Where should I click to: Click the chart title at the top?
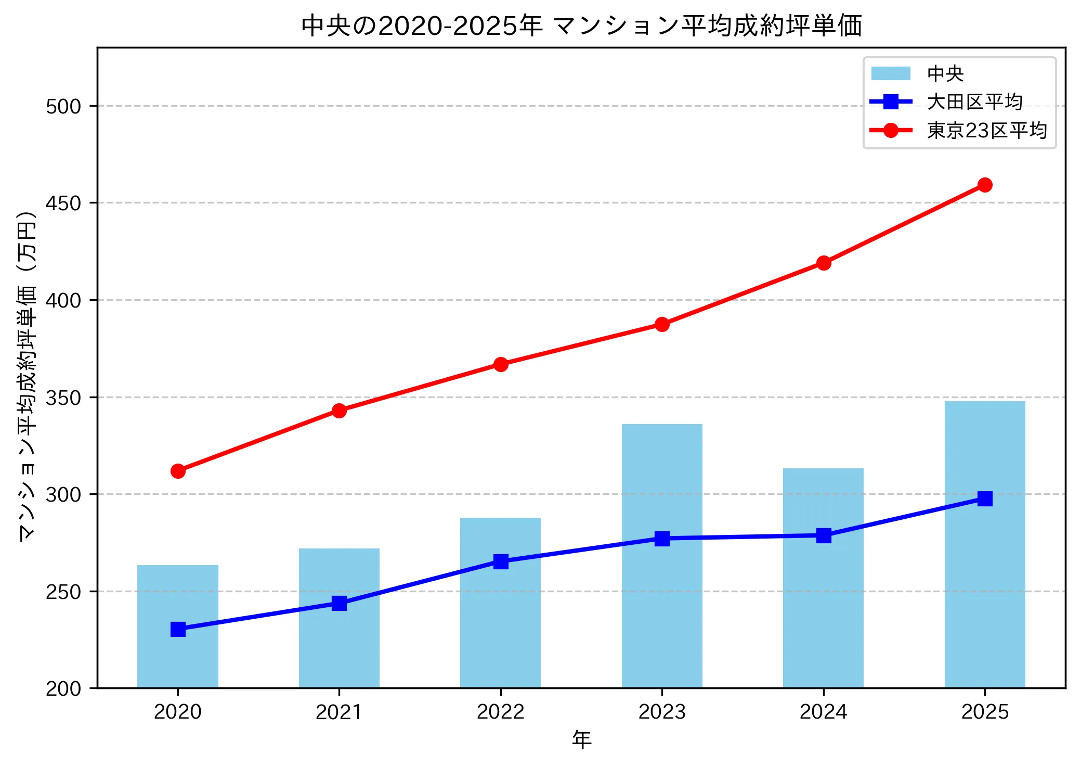coord(581,26)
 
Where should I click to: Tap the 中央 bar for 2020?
coord(178,656)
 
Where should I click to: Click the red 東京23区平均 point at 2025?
coord(985,185)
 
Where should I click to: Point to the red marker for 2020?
coord(178,471)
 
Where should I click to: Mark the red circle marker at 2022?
coord(501,364)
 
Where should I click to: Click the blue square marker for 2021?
coord(339,603)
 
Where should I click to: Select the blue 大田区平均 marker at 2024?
coord(824,535)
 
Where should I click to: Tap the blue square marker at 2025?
coord(985,498)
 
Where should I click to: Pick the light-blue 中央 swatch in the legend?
coord(891,73)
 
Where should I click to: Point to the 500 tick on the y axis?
coord(63,106)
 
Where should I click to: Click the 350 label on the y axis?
coord(63,398)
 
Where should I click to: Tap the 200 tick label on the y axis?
coord(63,689)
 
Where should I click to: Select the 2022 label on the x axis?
coord(501,712)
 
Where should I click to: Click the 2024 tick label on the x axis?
coord(824,712)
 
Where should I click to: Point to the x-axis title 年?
coord(581,740)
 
